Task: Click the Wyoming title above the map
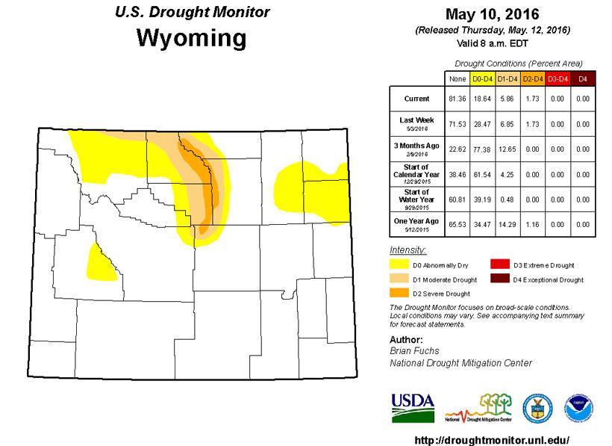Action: (x=191, y=37)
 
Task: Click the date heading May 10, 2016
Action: (x=493, y=14)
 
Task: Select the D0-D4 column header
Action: (x=482, y=78)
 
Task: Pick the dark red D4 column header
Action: (x=583, y=78)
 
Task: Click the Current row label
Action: (x=416, y=99)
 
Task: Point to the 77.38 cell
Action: (x=482, y=149)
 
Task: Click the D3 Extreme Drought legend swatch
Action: (x=499, y=264)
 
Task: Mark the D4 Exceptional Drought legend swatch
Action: (x=499, y=279)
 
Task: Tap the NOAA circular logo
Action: (x=578, y=408)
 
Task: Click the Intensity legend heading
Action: (x=408, y=249)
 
